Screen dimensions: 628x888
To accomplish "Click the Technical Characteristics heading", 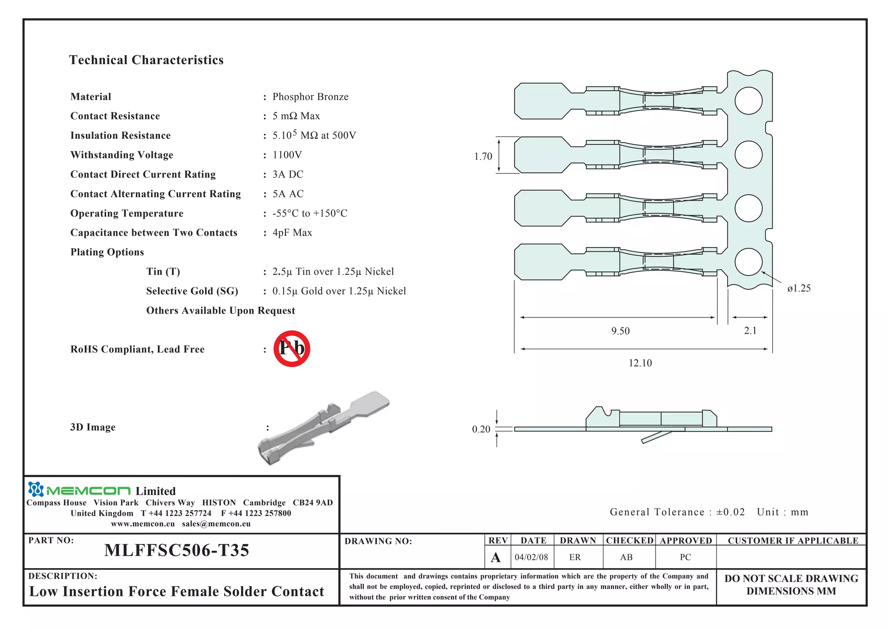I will [146, 60].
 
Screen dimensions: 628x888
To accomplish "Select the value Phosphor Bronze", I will [310, 97].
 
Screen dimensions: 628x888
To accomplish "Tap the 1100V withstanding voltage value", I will [287, 155].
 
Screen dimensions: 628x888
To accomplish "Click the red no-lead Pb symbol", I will [292, 349].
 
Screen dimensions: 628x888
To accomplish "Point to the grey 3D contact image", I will [323, 427].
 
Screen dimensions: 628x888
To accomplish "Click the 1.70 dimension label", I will [483, 156].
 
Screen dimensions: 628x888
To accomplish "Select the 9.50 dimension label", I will [620, 331].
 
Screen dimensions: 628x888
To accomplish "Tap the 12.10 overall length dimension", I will [640, 363].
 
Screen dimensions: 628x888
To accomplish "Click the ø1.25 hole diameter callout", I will [799, 288].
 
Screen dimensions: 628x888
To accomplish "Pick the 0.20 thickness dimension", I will [481, 429].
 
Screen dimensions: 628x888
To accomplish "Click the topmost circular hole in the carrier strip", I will [748, 101].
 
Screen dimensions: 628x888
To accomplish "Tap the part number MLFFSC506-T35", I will [176, 550].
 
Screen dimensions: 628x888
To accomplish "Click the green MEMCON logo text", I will [88, 491].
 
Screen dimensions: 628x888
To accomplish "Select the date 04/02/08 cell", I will [531, 557].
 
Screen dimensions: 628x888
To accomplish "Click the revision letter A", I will [496, 557].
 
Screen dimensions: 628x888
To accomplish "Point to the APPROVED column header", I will [686, 540].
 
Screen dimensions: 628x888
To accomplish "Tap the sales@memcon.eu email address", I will [216, 523].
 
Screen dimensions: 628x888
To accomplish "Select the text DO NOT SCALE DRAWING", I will [791, 579].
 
